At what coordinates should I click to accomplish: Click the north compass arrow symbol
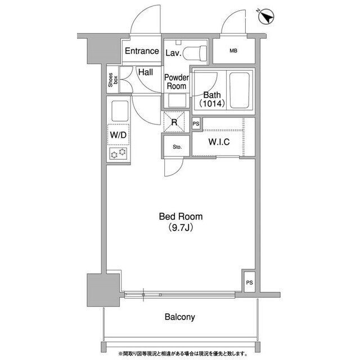266,17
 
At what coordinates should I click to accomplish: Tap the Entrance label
142,51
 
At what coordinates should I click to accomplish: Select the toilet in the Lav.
195,53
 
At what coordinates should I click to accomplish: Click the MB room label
233,51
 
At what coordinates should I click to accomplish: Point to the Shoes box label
112,80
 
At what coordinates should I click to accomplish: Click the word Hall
146,73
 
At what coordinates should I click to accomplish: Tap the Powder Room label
177,82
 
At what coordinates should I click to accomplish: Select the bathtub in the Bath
240,90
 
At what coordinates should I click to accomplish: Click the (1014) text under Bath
212,103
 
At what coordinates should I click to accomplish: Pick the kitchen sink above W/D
120,111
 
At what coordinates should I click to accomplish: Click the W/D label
118,135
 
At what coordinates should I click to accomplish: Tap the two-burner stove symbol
118,154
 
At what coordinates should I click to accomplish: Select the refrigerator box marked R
174,121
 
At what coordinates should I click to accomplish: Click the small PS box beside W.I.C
196,124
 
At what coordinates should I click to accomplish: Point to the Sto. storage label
177,147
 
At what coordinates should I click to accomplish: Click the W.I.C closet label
219,142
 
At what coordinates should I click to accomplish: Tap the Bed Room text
181,217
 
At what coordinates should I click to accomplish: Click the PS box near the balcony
249,282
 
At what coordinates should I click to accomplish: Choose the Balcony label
180,317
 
